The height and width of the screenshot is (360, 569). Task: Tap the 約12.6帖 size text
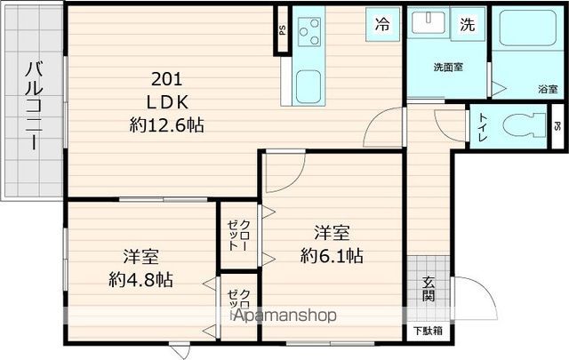166,126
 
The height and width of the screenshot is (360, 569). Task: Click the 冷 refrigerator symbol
381,25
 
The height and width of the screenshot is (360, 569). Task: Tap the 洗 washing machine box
467,25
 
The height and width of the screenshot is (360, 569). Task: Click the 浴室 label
548,89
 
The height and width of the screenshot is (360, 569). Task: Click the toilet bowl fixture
520,124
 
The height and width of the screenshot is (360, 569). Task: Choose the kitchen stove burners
309,34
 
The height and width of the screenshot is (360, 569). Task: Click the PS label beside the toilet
557,125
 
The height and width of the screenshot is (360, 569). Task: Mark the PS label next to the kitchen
282,28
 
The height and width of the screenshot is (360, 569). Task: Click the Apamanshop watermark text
283,315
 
